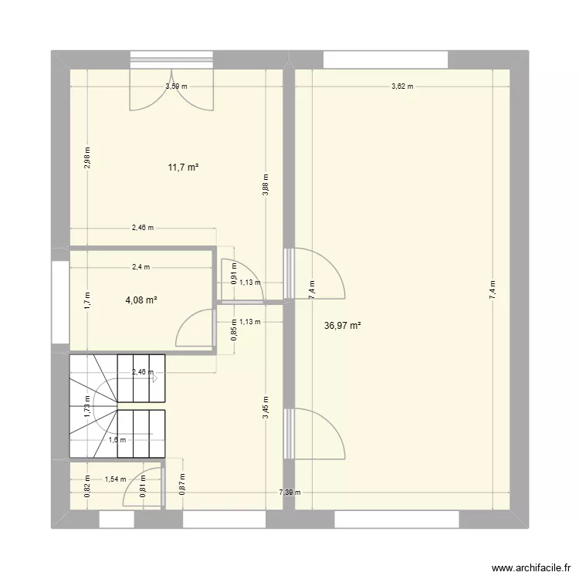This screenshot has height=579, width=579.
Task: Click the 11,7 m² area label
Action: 184,166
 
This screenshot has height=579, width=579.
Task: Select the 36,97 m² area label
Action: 344,327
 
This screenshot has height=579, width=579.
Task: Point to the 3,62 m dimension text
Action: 402,86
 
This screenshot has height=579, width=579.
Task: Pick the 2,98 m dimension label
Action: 87,157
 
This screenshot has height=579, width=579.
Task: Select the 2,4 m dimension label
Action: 141,267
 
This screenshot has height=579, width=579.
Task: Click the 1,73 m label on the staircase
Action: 87,405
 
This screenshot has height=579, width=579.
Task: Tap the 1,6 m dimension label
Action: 117,440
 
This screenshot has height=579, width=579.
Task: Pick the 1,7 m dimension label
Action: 87,300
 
